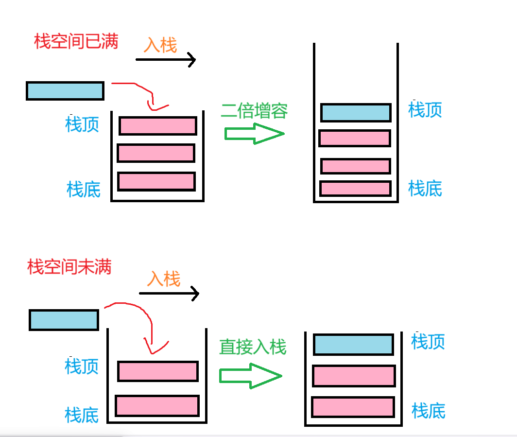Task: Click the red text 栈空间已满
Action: tap(76, 42)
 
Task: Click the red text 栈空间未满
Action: tap(69, 267)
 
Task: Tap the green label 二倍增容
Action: tap(254, 110)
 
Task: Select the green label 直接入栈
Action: tap(253, 347)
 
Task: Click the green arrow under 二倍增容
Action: tap(254, 134)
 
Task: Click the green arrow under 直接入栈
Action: tap(251, 376)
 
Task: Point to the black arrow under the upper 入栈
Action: tap(166, 60)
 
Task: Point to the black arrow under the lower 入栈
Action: tap(169, 293)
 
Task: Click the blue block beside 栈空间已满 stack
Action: tap(65, 91)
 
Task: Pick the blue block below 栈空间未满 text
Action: tap(64, 320)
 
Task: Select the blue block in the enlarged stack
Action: tap(356, 113)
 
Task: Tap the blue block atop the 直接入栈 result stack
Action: tap(353, 345)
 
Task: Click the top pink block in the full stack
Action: tap(158, 126)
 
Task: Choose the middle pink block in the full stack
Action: tap(156, 153)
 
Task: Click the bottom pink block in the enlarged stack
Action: tap(355, 189)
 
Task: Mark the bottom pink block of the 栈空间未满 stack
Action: tap(157, 406)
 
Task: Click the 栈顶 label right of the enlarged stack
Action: tap(425, 110)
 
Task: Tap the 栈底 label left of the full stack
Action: tap(84, 189)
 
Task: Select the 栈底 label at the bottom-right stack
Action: tap(429, 411)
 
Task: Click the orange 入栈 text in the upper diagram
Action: tap(161, 45)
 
